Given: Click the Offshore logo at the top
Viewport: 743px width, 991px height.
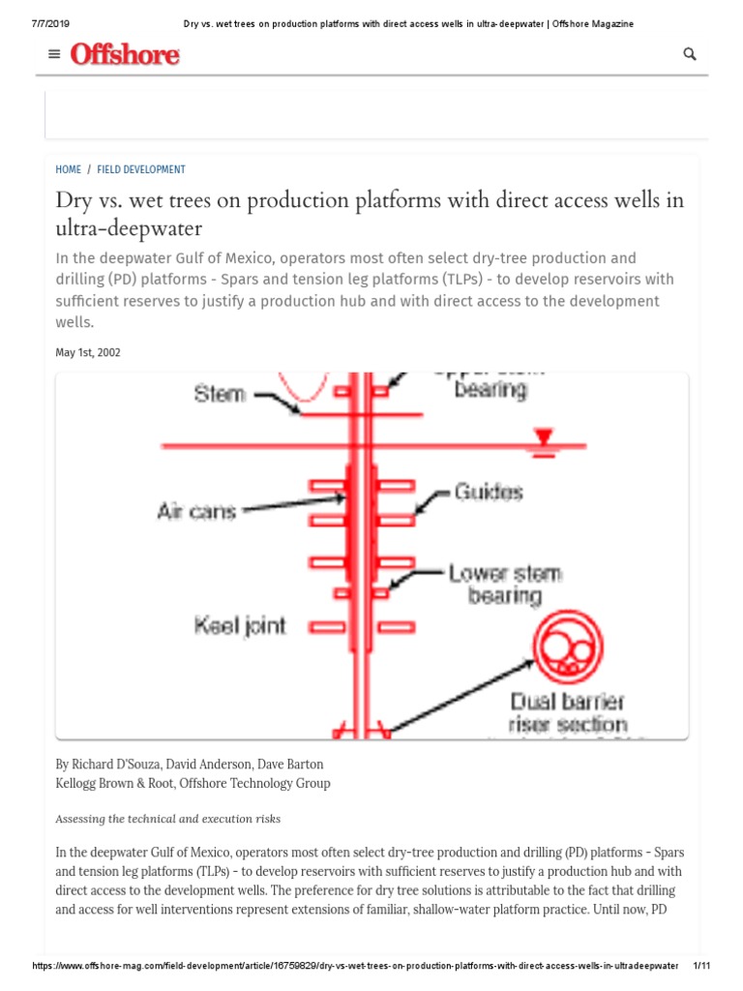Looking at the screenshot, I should tap(125, 55).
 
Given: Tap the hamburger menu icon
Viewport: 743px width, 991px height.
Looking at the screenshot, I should tap(54, 54).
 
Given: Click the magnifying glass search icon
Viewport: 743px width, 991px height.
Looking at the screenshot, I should tap(690, 54).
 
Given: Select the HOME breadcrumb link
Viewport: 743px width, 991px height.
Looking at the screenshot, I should tap(69, 169).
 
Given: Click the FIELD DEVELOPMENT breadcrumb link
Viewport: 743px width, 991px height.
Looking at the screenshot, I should tap(141, 169).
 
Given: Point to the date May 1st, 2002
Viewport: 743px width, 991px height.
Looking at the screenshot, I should tap(88, 353).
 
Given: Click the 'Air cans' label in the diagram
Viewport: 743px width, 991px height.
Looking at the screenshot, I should tap(196, 511).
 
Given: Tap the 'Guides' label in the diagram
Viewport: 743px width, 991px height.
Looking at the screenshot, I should tap(489, 493).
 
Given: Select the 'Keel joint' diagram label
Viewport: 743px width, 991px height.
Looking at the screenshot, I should tap(240, 626).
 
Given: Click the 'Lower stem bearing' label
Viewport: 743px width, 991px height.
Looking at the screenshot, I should tap(504, 584).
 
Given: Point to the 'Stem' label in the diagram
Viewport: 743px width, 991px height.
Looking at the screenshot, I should tap(220, 394).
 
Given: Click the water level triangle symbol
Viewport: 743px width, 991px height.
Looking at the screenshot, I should tap(545, 438).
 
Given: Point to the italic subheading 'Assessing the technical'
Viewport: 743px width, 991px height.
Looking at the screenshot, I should tap(167, 819).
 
